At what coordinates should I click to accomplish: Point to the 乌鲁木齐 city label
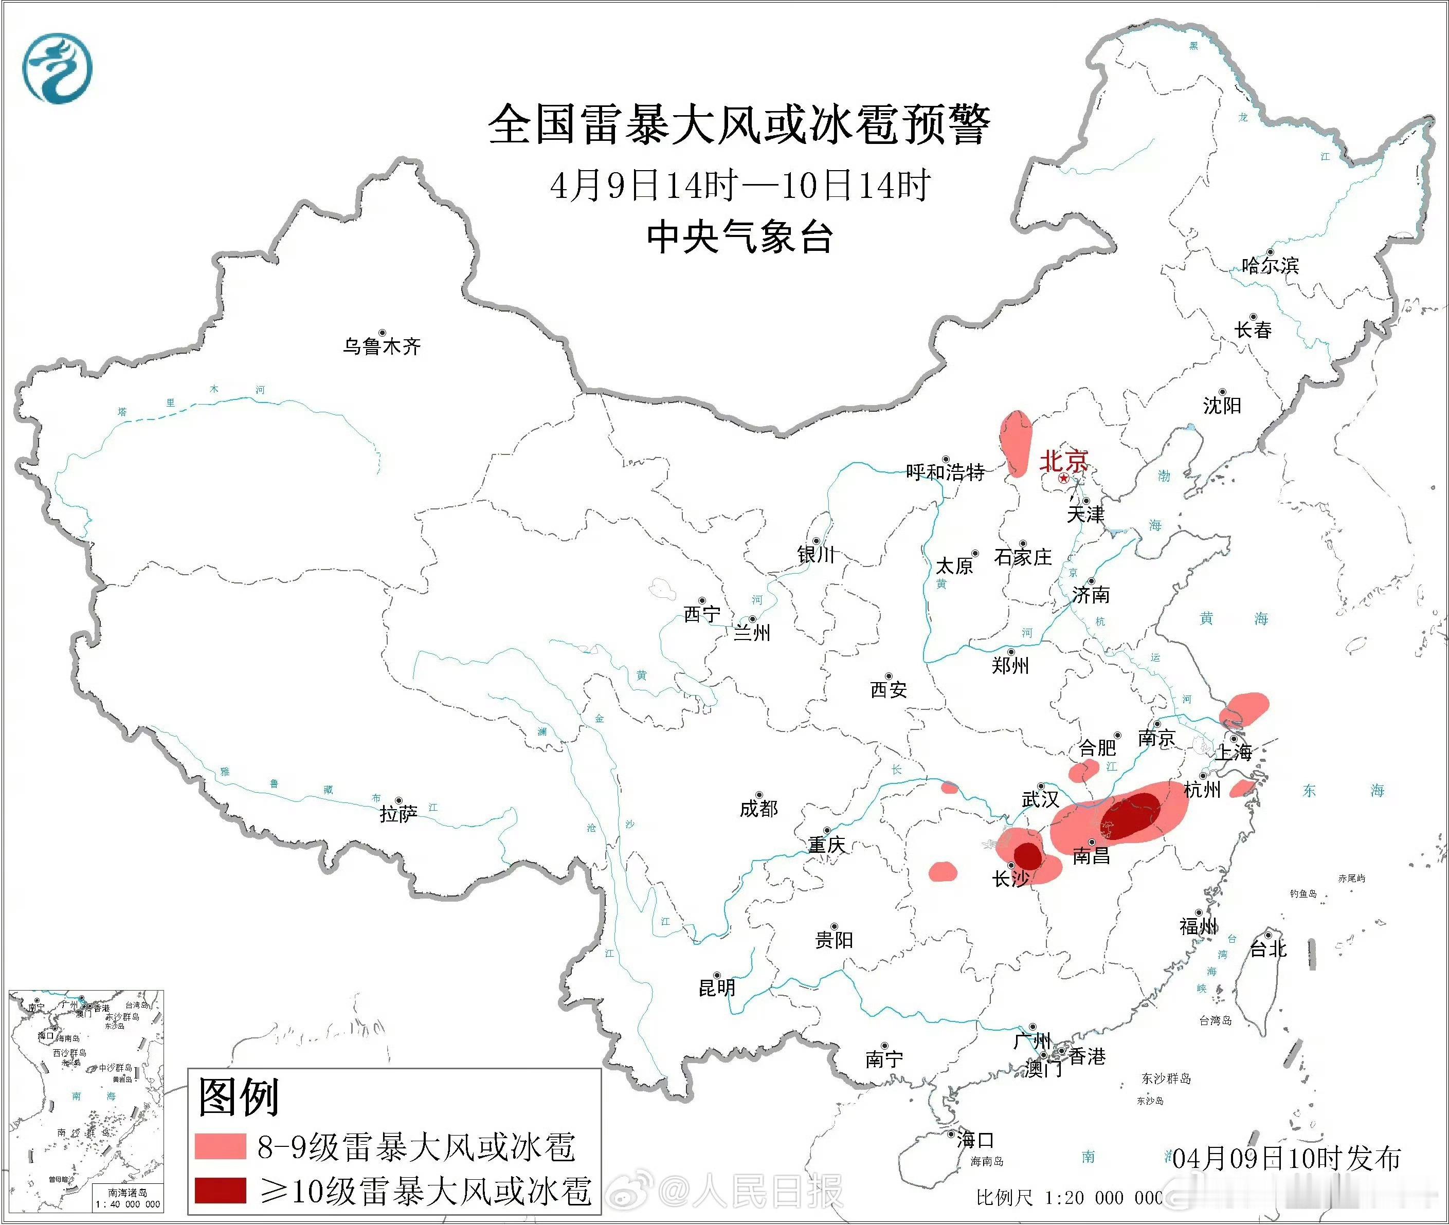[x=382, y=346]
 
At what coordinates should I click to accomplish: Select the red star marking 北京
[x=1063, y=479]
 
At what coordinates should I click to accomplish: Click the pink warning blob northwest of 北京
[x=1016, y=443]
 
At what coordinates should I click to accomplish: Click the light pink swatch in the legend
[x=220, y=1146]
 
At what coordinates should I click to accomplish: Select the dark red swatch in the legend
[x=220, y=1190]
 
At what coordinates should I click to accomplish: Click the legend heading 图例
[x=238, y=1096]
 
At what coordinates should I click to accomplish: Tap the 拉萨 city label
[x=399, y=813]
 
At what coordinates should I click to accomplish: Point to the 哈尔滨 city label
[x=1270, y=265]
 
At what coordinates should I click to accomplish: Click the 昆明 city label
[x=716, y=988]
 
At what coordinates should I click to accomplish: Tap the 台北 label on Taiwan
[x=1269, y=948]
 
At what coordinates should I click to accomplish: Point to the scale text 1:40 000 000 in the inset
[x=128, y=1204]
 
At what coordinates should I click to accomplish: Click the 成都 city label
[x=758, y=808]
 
